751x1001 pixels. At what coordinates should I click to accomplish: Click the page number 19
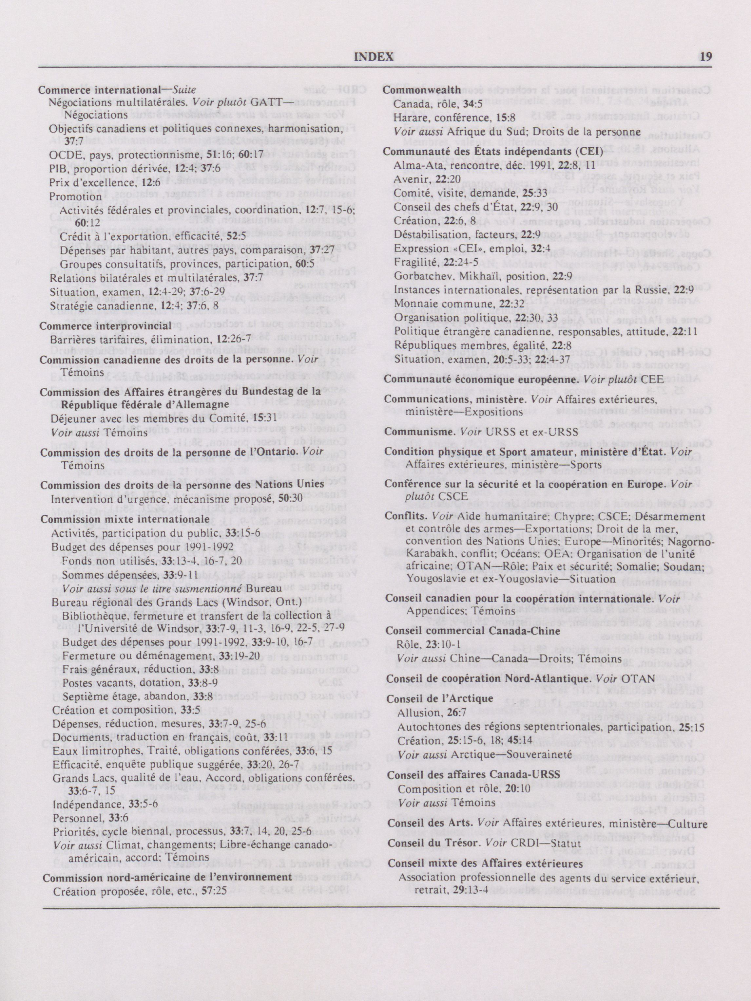[x=706, y=57]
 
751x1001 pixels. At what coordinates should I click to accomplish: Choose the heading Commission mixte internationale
[x=125, y=519]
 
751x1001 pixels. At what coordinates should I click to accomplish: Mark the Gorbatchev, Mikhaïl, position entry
[x=471, y=276]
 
